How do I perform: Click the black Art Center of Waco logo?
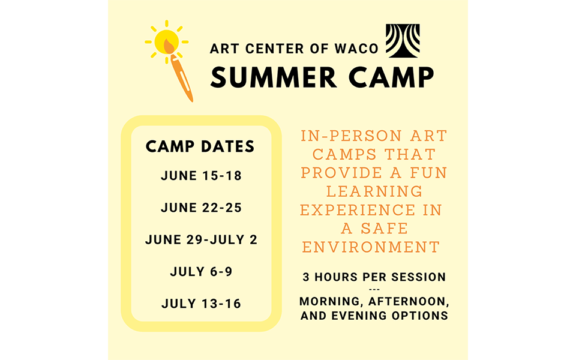click(x=403, y=41)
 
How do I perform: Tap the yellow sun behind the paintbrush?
click(x=166, y=42)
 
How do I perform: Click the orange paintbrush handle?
click(x=182, y=78)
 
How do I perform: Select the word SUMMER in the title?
click(x=274, y=77)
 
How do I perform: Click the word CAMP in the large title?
click(x=391, y=77)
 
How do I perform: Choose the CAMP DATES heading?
click(x=200, y=146)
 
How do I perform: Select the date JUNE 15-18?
click(x=202, y=176)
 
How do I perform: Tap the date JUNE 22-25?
click(x=202, y=208)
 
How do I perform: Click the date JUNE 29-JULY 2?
click(x=202, y=239)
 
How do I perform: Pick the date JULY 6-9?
click(x=202, y=271)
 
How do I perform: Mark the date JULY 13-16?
click(x=202, y=304)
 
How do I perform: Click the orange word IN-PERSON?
click(x=352, y=136)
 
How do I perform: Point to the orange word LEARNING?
click(x=374, y=191)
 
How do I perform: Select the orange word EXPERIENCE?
click(x=358, y=210)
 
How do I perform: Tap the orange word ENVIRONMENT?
click(x=371, y=247)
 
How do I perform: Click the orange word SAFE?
click(x=384, y=229)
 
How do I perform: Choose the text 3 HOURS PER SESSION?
click(x=374, y=277)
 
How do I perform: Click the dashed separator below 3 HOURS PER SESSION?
click(x=374, y=289)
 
